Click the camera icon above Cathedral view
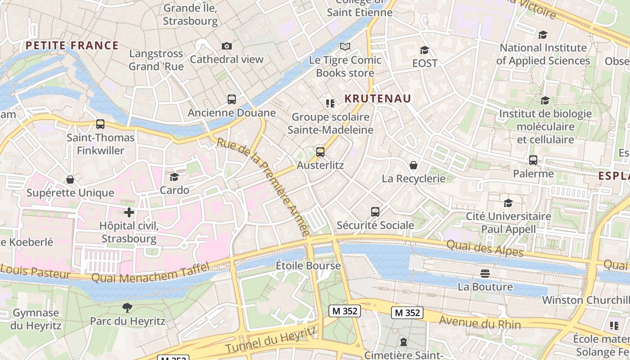pos(227,46)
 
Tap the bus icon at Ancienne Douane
pos(232,99)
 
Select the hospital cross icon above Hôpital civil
pos(129,212)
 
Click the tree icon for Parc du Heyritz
pos(127,308)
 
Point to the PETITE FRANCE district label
pos(72,45)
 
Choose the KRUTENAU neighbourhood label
pos(378,99)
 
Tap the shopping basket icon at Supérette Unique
pos(70,180)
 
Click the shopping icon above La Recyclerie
pos(413,165)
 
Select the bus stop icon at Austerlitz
pos(320,152)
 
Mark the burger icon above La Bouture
pos(485,273)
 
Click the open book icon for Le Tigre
pos(345,46)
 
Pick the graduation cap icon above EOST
pos(424,50)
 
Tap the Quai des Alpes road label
pos(485,248)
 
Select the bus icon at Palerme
pos(533,160)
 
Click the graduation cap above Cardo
pos(174,177)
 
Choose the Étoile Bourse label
pos(308,265)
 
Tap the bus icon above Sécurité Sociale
pos(375,211)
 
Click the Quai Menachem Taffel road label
pos(150,273)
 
